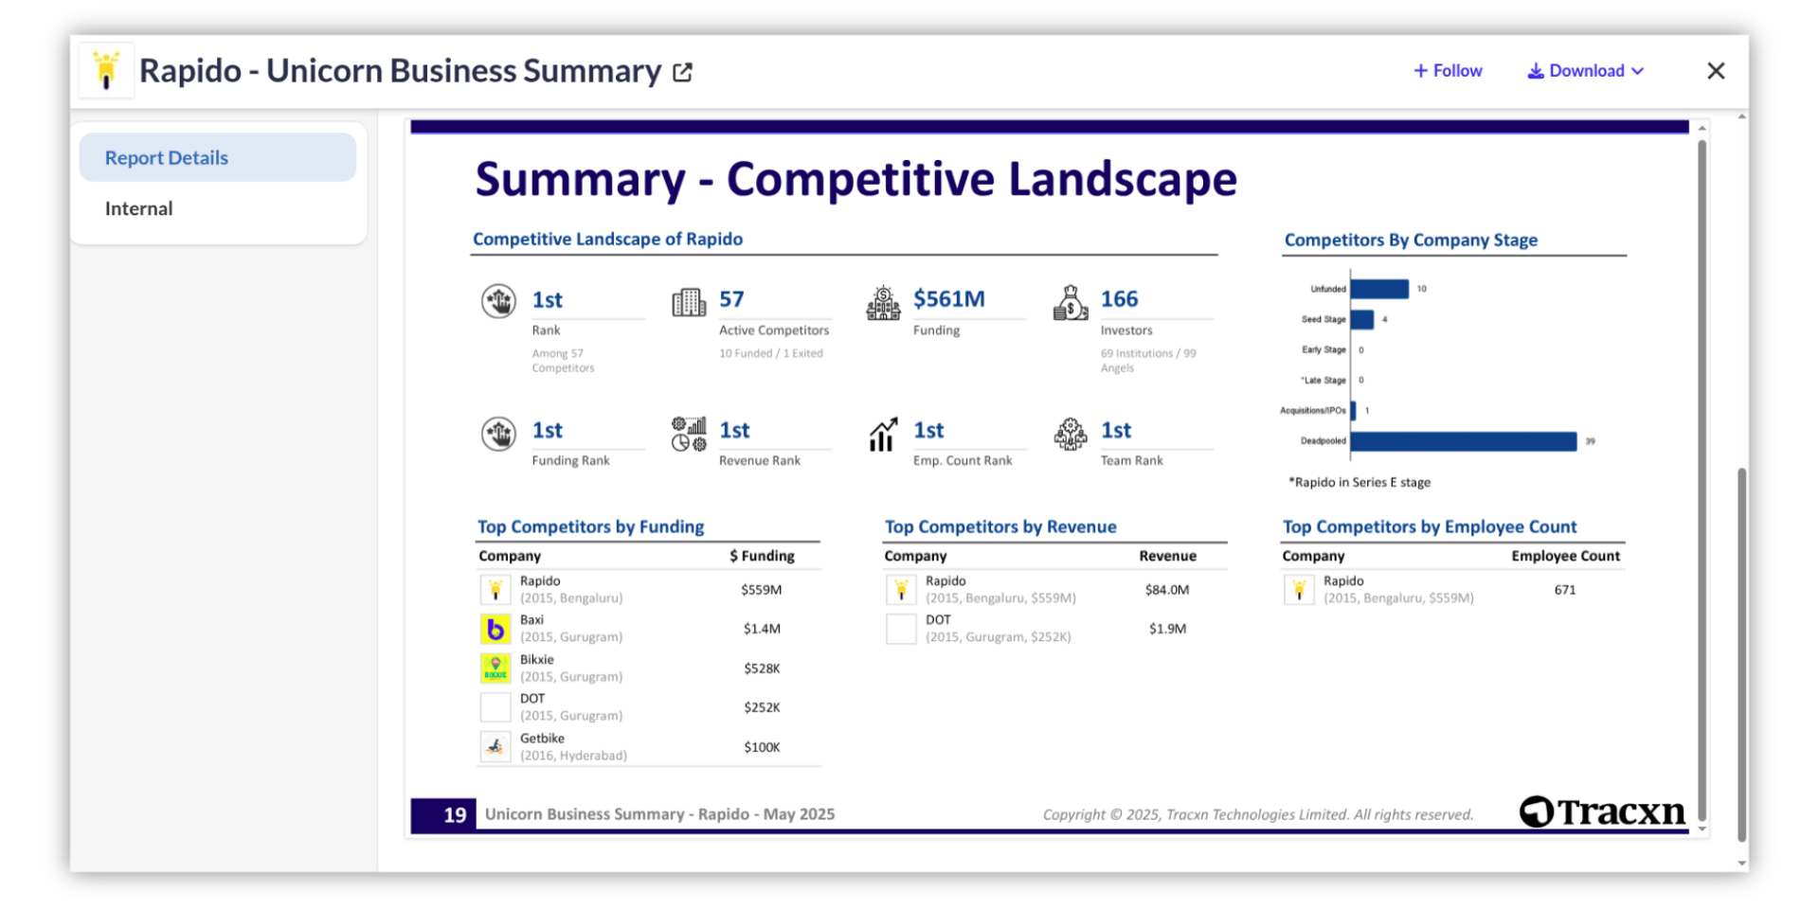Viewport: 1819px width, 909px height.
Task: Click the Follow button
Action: coord(1448,71)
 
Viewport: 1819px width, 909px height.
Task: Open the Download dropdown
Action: coord(1585,71)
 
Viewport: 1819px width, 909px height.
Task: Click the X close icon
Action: coord(1716,71)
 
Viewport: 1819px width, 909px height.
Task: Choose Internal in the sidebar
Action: coord(139,208)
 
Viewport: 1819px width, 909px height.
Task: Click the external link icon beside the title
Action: coord(682,72)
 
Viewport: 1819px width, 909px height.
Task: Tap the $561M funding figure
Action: coord(948,299)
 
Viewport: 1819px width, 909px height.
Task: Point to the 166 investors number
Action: coord(1119,299)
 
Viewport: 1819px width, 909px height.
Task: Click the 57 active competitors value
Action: coord(731,299)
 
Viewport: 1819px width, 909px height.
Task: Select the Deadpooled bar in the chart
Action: coord(1463,441)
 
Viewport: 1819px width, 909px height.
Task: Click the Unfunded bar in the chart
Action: coord(1379,289)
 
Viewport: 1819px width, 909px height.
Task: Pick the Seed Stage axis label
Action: coord(1323,319)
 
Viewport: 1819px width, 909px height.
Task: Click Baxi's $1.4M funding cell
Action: coord(762,629)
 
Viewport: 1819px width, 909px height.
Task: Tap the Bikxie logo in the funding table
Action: coord(495,668)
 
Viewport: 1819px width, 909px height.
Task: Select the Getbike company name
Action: coord(542,739)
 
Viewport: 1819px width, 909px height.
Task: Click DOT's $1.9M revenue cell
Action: coord(1167,629)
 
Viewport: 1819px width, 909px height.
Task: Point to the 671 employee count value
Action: coord(1565,590)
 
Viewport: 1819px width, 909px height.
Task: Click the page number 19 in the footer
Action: coord(455,814)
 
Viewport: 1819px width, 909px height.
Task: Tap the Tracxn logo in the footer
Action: coord(1602,811)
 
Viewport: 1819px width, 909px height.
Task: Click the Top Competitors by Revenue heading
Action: coord(1000,526)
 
